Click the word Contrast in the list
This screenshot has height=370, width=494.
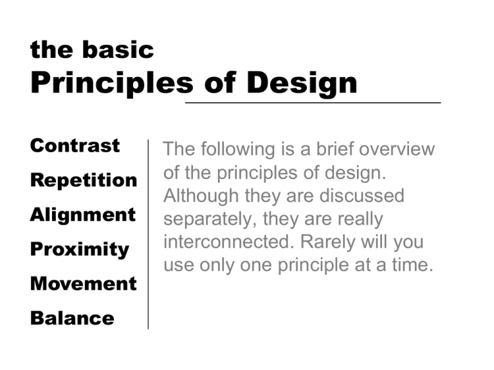[75, 146]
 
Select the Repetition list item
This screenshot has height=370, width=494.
[84, 181]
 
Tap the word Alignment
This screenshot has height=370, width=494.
[83, 215]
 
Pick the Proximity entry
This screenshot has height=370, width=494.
[80, 249]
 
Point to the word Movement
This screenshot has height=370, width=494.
[83, 284]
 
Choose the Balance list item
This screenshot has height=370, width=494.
[72, 318]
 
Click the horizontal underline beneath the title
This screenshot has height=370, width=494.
[313, 103]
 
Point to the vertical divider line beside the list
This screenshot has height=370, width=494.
[148, 234]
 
